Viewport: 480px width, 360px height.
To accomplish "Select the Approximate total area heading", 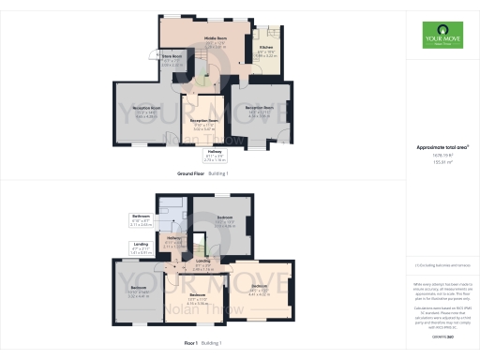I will coord(442,147).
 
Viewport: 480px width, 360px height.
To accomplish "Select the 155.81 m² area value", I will coord(442,163).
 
